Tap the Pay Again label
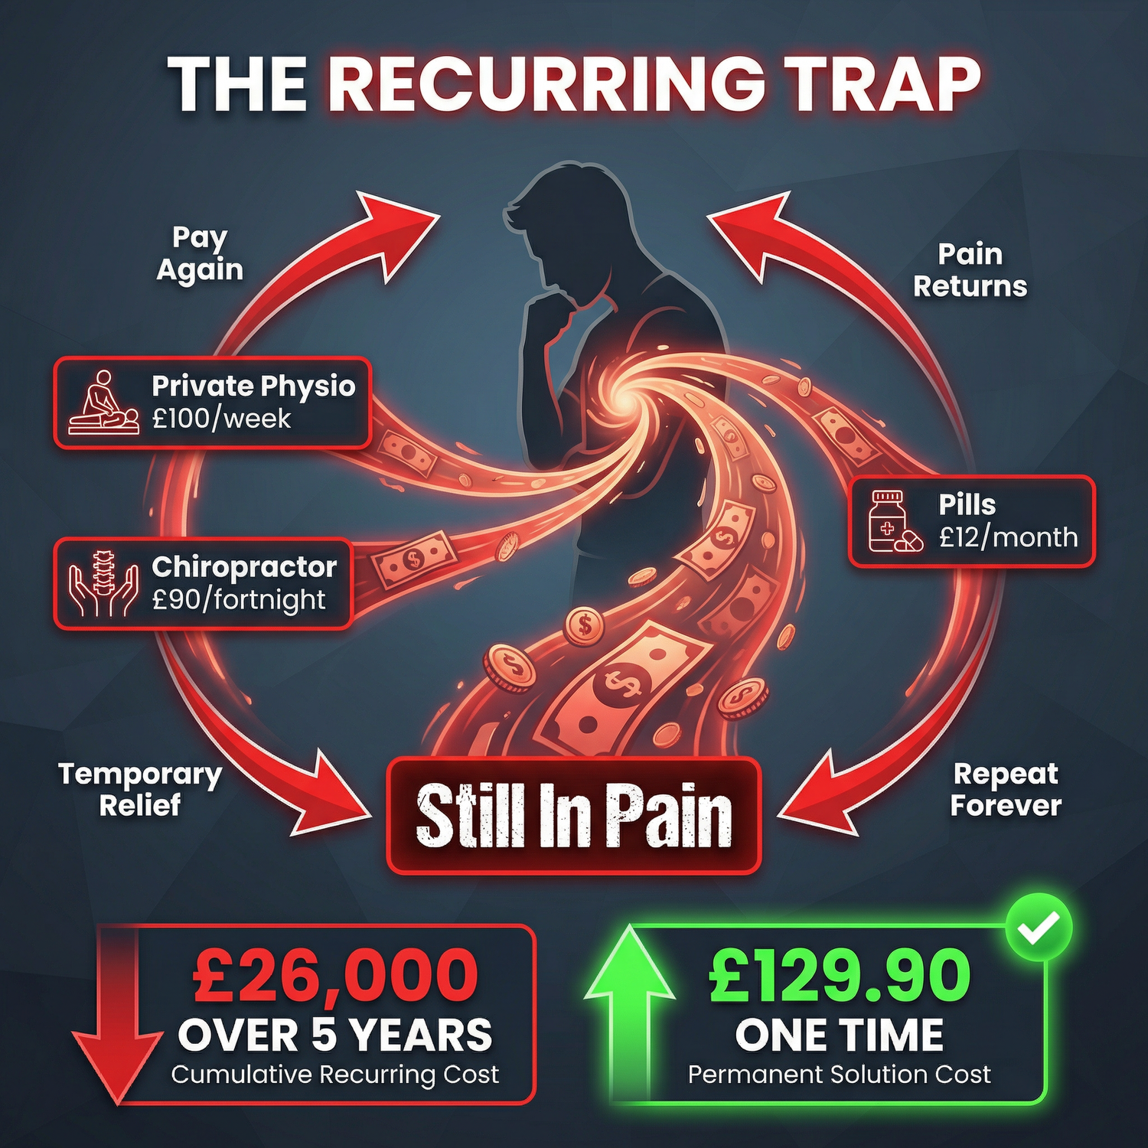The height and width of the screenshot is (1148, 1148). [x=200, y=254]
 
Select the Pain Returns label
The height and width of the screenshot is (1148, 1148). [x=970, y=270]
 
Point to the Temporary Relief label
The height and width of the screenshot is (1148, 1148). [x=140, y=790]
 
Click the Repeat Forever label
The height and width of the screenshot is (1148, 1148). [x=1006, y=790]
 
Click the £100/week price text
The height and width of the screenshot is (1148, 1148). [x=221, y=419]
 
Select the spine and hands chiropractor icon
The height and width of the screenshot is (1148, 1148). [x=103, y=583]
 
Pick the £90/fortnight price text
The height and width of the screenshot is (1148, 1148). [x=239, y=600]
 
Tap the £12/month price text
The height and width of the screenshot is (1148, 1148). [x=1008, y=538]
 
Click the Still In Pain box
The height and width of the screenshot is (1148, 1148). [x=574, y=816]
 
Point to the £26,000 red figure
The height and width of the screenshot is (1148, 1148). [x=335, y=975]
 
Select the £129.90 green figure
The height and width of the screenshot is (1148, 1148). [x=840, y=975]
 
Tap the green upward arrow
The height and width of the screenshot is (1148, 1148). [x=629, y=1003]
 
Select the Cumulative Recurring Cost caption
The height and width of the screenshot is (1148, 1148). [x=335, y=1075]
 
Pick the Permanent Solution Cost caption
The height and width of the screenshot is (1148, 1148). [x=839, y=1075]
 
